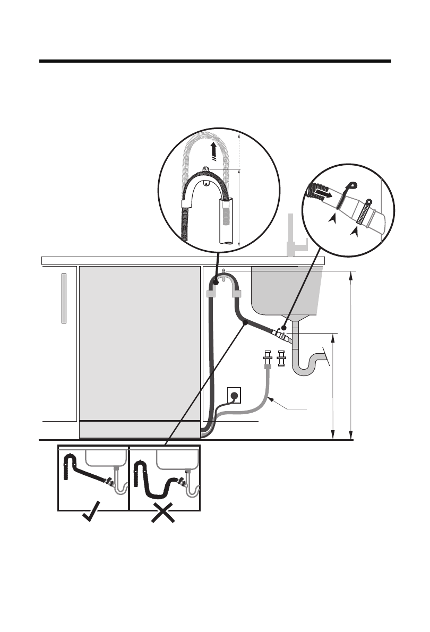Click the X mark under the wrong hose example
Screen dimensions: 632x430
coord(164,515)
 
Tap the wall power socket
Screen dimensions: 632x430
coord(234,395)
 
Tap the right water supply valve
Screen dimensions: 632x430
coord(281,360)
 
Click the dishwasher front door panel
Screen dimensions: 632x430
coord(139,343)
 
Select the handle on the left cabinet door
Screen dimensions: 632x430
coord(64,298)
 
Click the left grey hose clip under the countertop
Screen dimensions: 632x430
coord(210,294)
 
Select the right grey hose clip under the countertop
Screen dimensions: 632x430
coord(237,294)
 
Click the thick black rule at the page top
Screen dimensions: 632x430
coord(215,62)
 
